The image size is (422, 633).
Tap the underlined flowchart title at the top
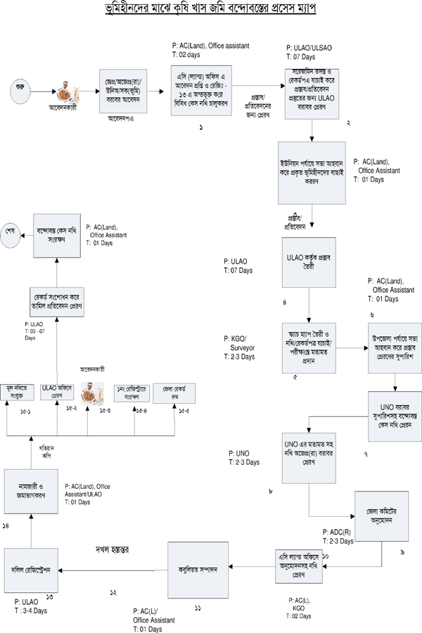(x=211, y=10)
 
